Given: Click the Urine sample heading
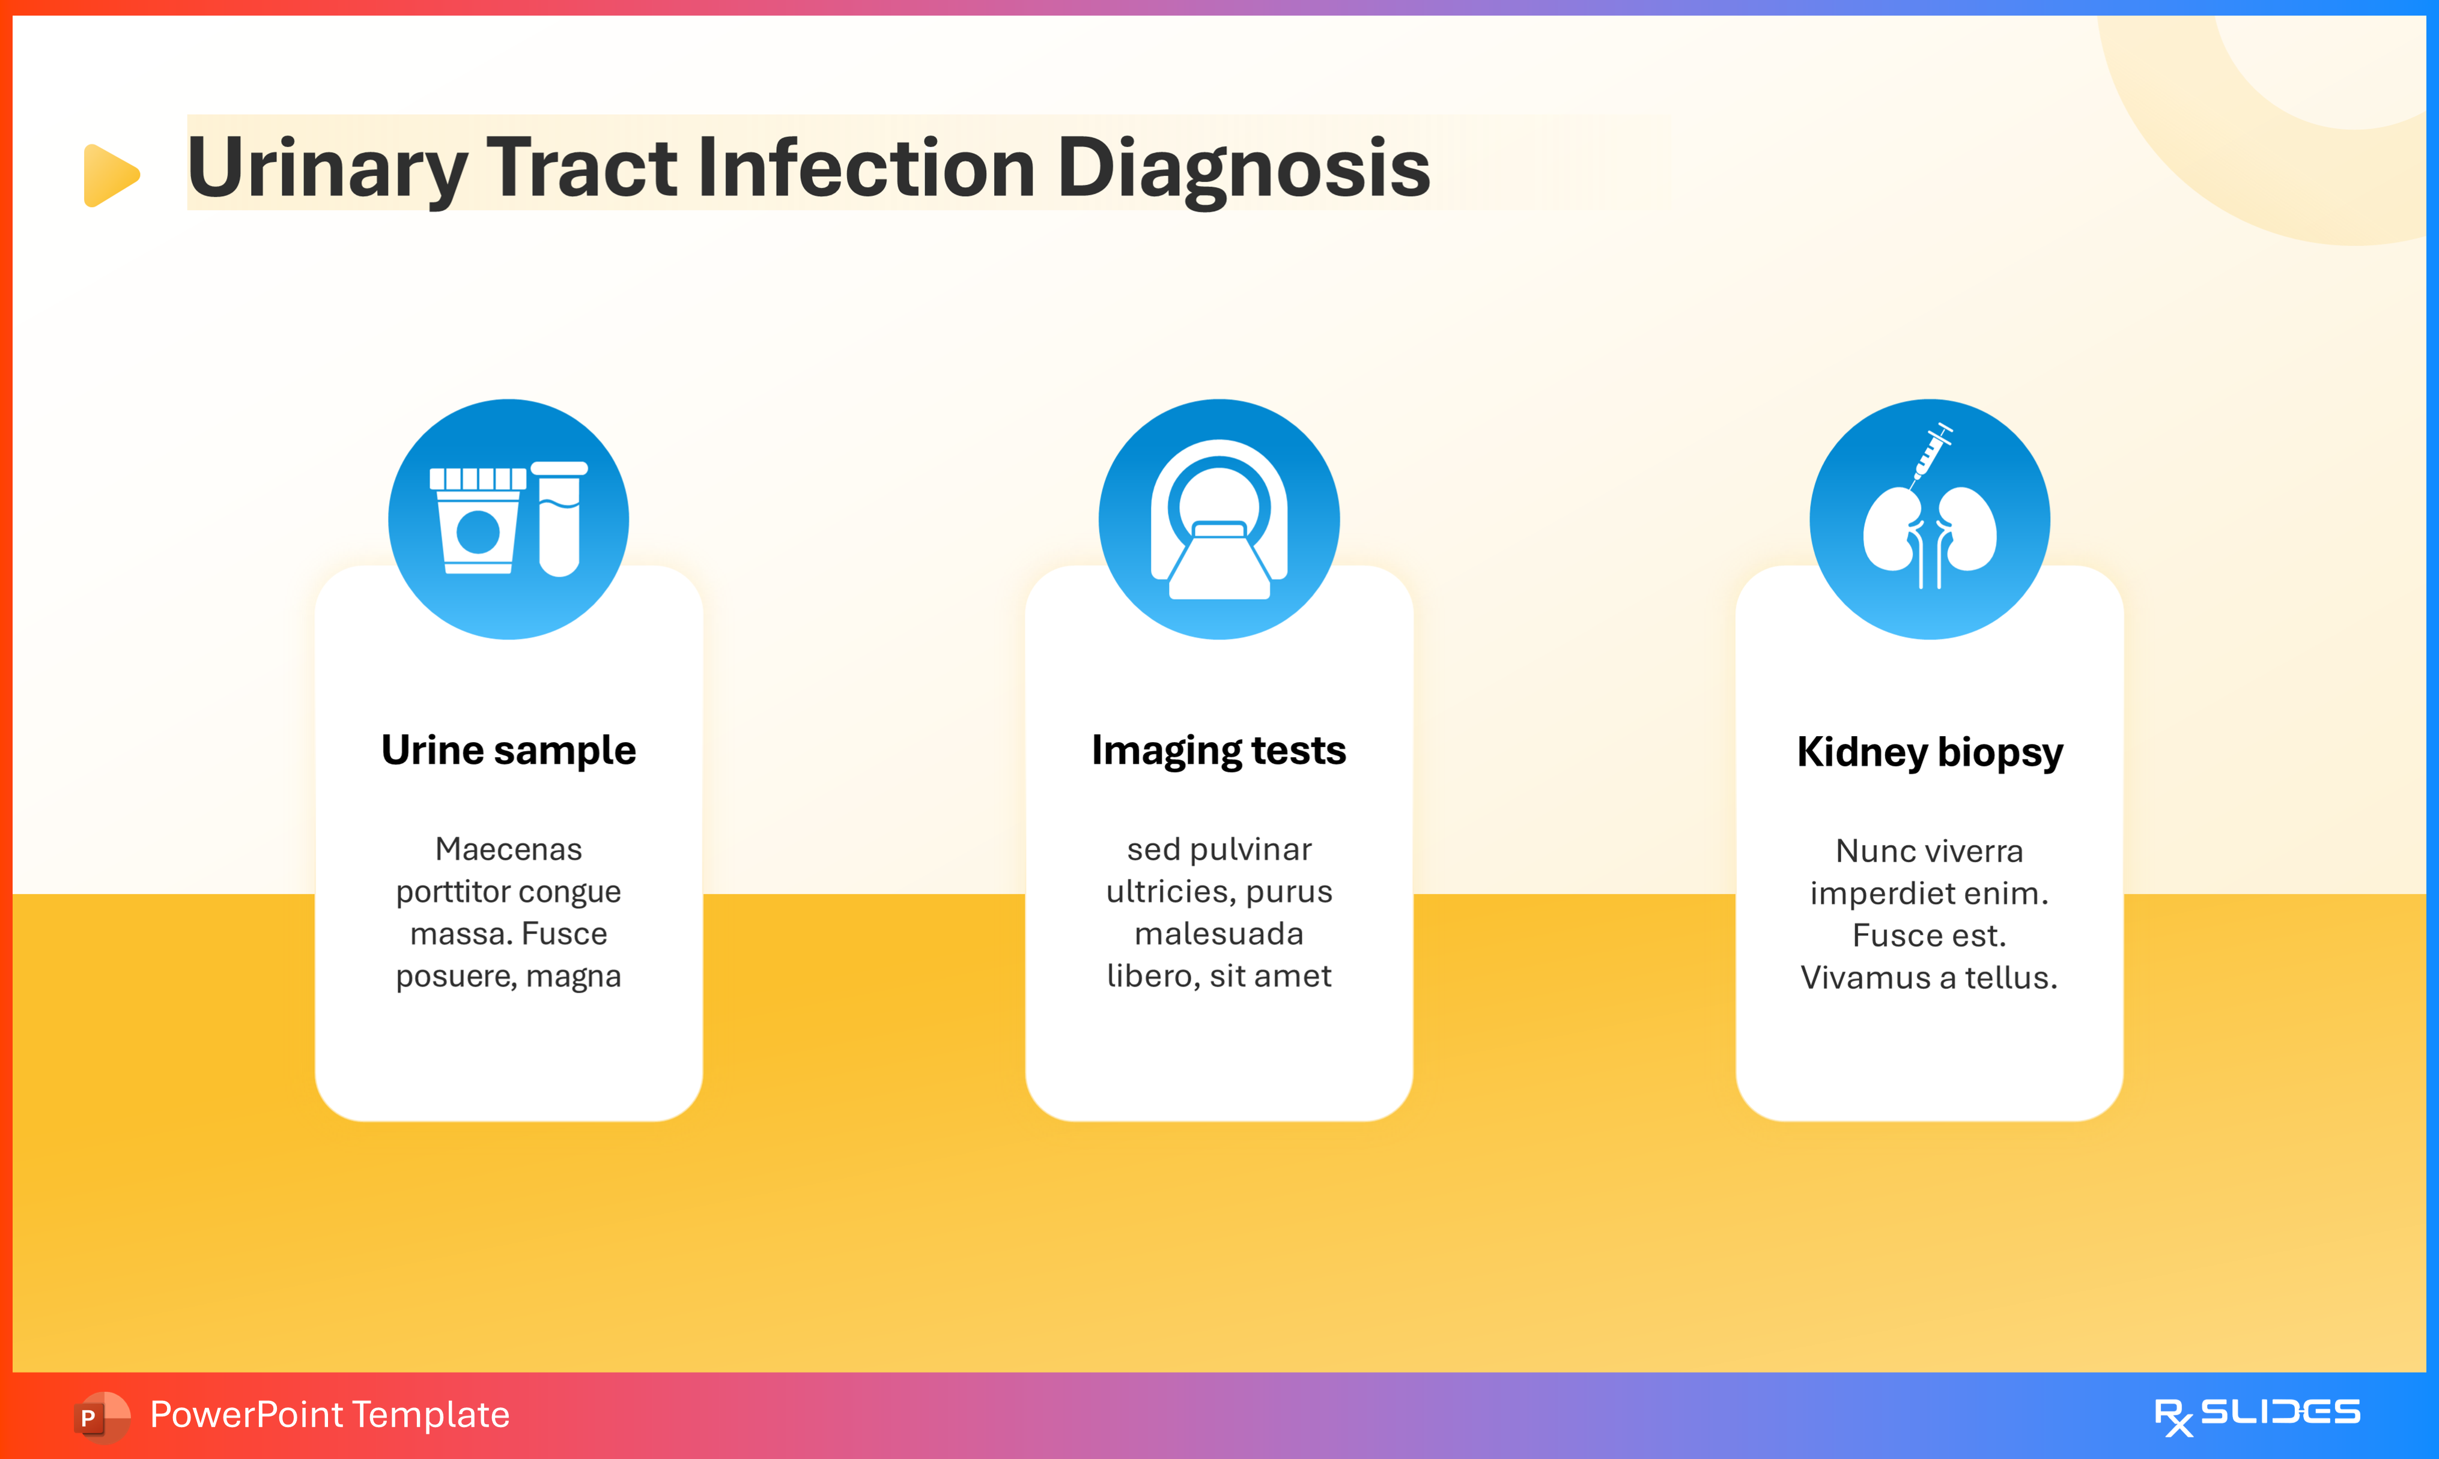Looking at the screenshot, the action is coord(508,750).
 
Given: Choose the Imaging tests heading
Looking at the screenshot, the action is coord(1218,750).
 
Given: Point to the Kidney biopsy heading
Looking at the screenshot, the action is coord(1930,752).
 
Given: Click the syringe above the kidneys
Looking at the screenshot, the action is coord(1930,452).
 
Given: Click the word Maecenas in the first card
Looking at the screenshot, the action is coord(508,848).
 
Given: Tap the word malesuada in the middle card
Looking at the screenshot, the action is coord(1218,933).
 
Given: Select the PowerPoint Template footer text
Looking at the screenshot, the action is coord(329,1415).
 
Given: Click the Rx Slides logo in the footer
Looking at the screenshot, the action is coord(2256,1415).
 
